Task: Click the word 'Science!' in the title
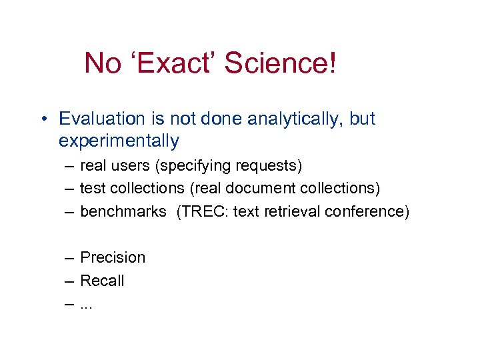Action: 280,64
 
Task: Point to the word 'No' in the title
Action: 103,64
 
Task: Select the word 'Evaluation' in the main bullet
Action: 102,119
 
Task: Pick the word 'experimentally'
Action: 119,141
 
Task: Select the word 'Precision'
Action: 113,257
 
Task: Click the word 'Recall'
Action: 102,281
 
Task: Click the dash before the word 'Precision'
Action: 70,258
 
